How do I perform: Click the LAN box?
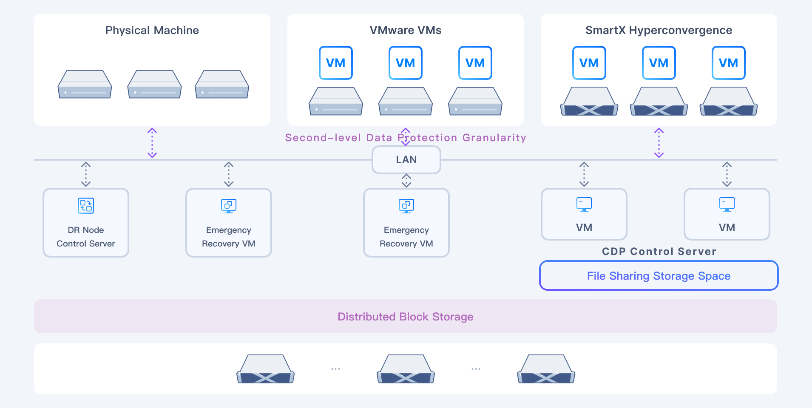click(406, 160)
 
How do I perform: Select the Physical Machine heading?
click(152, 30)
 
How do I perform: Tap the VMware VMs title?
click(405, 30)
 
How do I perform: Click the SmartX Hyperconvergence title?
click(658, 30)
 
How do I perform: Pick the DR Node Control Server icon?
click(86, 206)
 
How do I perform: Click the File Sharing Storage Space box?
click(658, 276)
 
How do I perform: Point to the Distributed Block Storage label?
click(405, 317)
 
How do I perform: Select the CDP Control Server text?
click(659, 251)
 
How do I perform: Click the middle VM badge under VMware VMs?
click(405, 63)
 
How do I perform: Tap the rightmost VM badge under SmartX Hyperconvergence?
click(728, 63)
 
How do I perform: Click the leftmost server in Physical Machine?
click(85, 85)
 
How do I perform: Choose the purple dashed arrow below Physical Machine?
click(152, 143)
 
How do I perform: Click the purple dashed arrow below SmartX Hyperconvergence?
click(659, 143)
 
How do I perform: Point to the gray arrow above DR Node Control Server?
click(86, 174)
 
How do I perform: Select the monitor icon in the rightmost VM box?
click(727, 204)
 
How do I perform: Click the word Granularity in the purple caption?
click(494, 138)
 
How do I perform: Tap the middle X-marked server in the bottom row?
click(406, 369)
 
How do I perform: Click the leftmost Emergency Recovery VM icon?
click(228, 206)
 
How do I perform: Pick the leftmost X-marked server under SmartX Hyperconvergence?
click(589, 102)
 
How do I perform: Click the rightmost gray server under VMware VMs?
click(475, 102)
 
